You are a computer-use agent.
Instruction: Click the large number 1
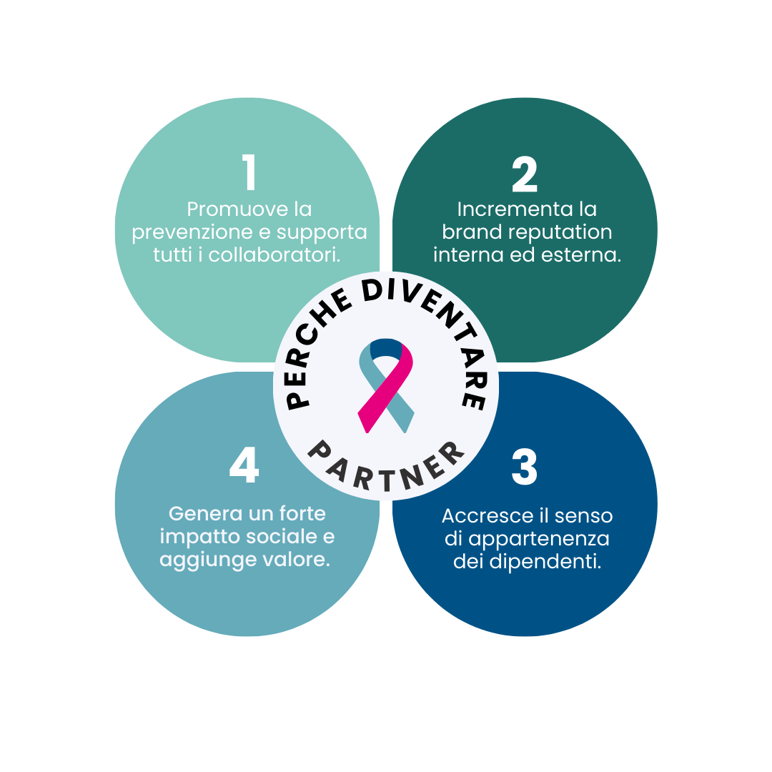[249, 174]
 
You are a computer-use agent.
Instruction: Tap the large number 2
[524, 174]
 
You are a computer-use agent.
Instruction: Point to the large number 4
[244, 467]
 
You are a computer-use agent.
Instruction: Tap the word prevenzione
[193, 232]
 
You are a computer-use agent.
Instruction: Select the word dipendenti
[545, 561]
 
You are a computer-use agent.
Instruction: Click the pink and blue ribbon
[386, 385]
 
